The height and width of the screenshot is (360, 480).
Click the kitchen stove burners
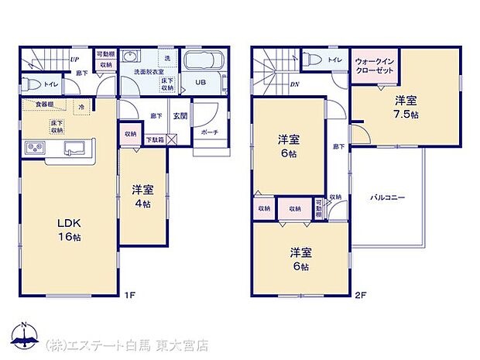(x=36, y=147)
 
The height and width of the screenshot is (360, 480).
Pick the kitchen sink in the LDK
(x=76, y=147)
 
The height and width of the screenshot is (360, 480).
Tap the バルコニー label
(x=387, y=198)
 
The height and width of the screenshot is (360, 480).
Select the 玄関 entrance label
(x=180, y=115)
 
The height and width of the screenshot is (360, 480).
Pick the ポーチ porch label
(x=209, y=132)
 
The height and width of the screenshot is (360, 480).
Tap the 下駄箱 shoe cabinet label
(x=156, y=140)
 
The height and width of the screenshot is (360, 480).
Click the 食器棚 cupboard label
(x=43, y=104)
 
